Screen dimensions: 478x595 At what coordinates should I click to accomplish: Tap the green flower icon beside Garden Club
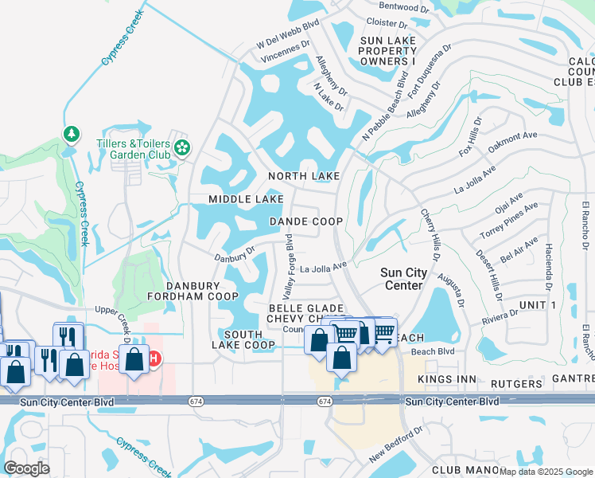point(182,147)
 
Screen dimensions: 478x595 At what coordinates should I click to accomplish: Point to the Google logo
point(26,468)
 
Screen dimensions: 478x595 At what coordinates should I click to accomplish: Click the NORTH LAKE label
point(304,176)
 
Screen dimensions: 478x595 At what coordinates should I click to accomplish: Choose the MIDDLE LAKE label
point(246,198)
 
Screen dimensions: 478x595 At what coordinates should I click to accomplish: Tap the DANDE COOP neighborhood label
point(306,221)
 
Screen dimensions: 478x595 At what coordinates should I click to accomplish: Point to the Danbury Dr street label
point(234,254)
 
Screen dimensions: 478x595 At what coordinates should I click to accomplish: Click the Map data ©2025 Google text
point(546,471)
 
